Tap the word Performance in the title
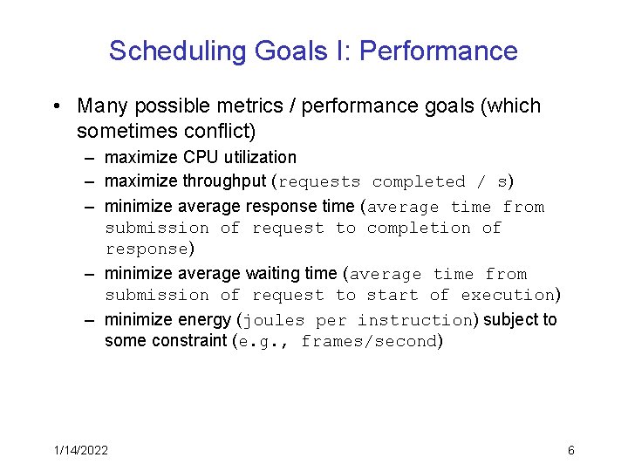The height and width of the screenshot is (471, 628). (x=438, y=51)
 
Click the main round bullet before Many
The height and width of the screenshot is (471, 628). (x=55, y=106)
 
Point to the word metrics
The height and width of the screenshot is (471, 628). (x=236, y=106)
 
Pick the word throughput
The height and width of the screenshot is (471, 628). (x=225, y=181)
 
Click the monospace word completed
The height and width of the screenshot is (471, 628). (x=419, y=182)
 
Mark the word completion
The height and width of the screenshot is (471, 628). (x=419, y=229)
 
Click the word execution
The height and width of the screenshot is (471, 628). (x=508, y=296)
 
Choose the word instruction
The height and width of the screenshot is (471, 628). (x=414, y=320)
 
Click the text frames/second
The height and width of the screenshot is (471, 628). (x=368, y=342)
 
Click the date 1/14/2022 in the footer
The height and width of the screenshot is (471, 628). (x=79, y=450)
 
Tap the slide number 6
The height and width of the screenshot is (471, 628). (x=570, y=450)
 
